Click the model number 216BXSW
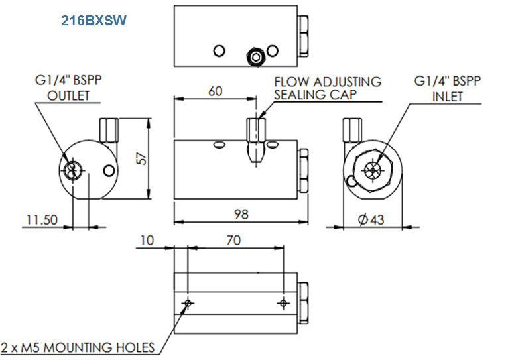(x=94, y=21)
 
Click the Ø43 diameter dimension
(x=371, y=220)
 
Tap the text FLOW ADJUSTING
(x=328, y=82)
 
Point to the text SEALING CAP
(x=316, y=95)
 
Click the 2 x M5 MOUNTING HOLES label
(x=78, y=347)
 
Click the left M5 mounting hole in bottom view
(x=189, y=303)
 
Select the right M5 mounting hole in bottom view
(x=284, y=303)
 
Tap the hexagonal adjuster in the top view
(x=253, y=57)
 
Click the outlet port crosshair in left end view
(x=72, y=170)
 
